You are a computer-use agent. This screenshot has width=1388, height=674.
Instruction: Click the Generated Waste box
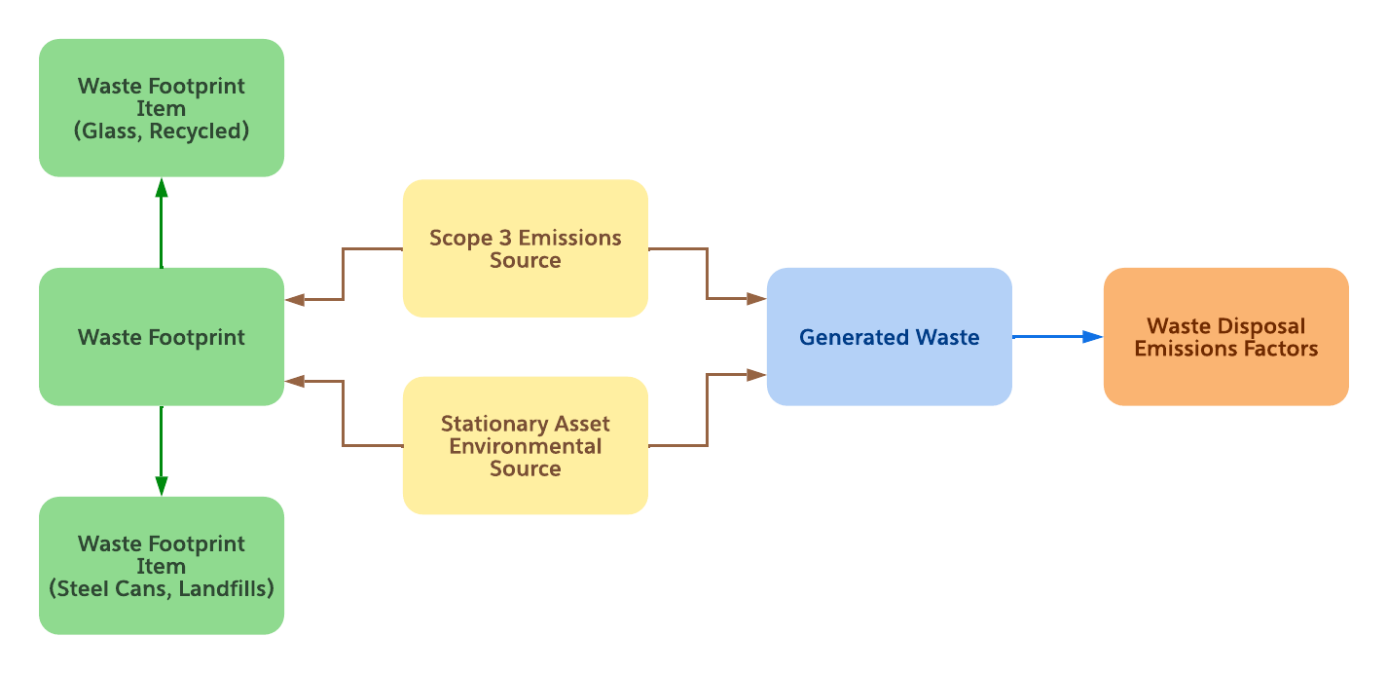[889, 337]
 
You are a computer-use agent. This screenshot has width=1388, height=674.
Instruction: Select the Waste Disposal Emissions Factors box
[1225, 337]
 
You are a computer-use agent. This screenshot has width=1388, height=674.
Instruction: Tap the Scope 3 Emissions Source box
[525, 248]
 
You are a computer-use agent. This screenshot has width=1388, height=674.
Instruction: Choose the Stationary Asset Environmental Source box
[525, 445]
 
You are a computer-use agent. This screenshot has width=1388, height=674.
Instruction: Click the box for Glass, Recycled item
[162, 108]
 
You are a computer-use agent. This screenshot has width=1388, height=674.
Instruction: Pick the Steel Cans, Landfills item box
[162, 566]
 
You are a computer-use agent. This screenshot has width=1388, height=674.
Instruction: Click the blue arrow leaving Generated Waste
[1057, 337]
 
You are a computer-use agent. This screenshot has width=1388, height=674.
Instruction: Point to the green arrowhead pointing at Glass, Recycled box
[162, 188]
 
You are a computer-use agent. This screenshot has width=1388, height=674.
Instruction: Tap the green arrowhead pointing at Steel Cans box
[162, 485]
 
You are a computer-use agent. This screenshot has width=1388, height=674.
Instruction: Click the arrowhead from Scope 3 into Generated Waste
[756, 299]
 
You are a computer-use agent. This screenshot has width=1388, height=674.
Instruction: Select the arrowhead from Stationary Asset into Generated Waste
[756, 374]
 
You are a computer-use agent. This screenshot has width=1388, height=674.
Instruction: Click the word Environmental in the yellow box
[526, 446]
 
